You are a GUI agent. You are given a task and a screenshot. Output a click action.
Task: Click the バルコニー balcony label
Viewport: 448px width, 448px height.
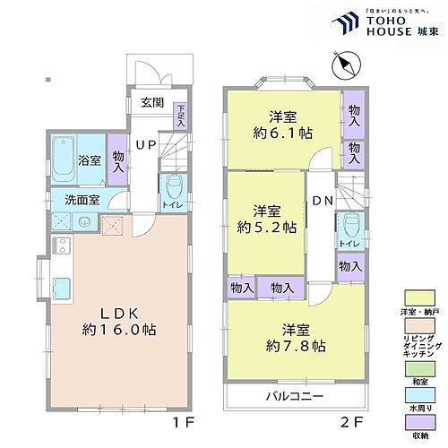294,395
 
